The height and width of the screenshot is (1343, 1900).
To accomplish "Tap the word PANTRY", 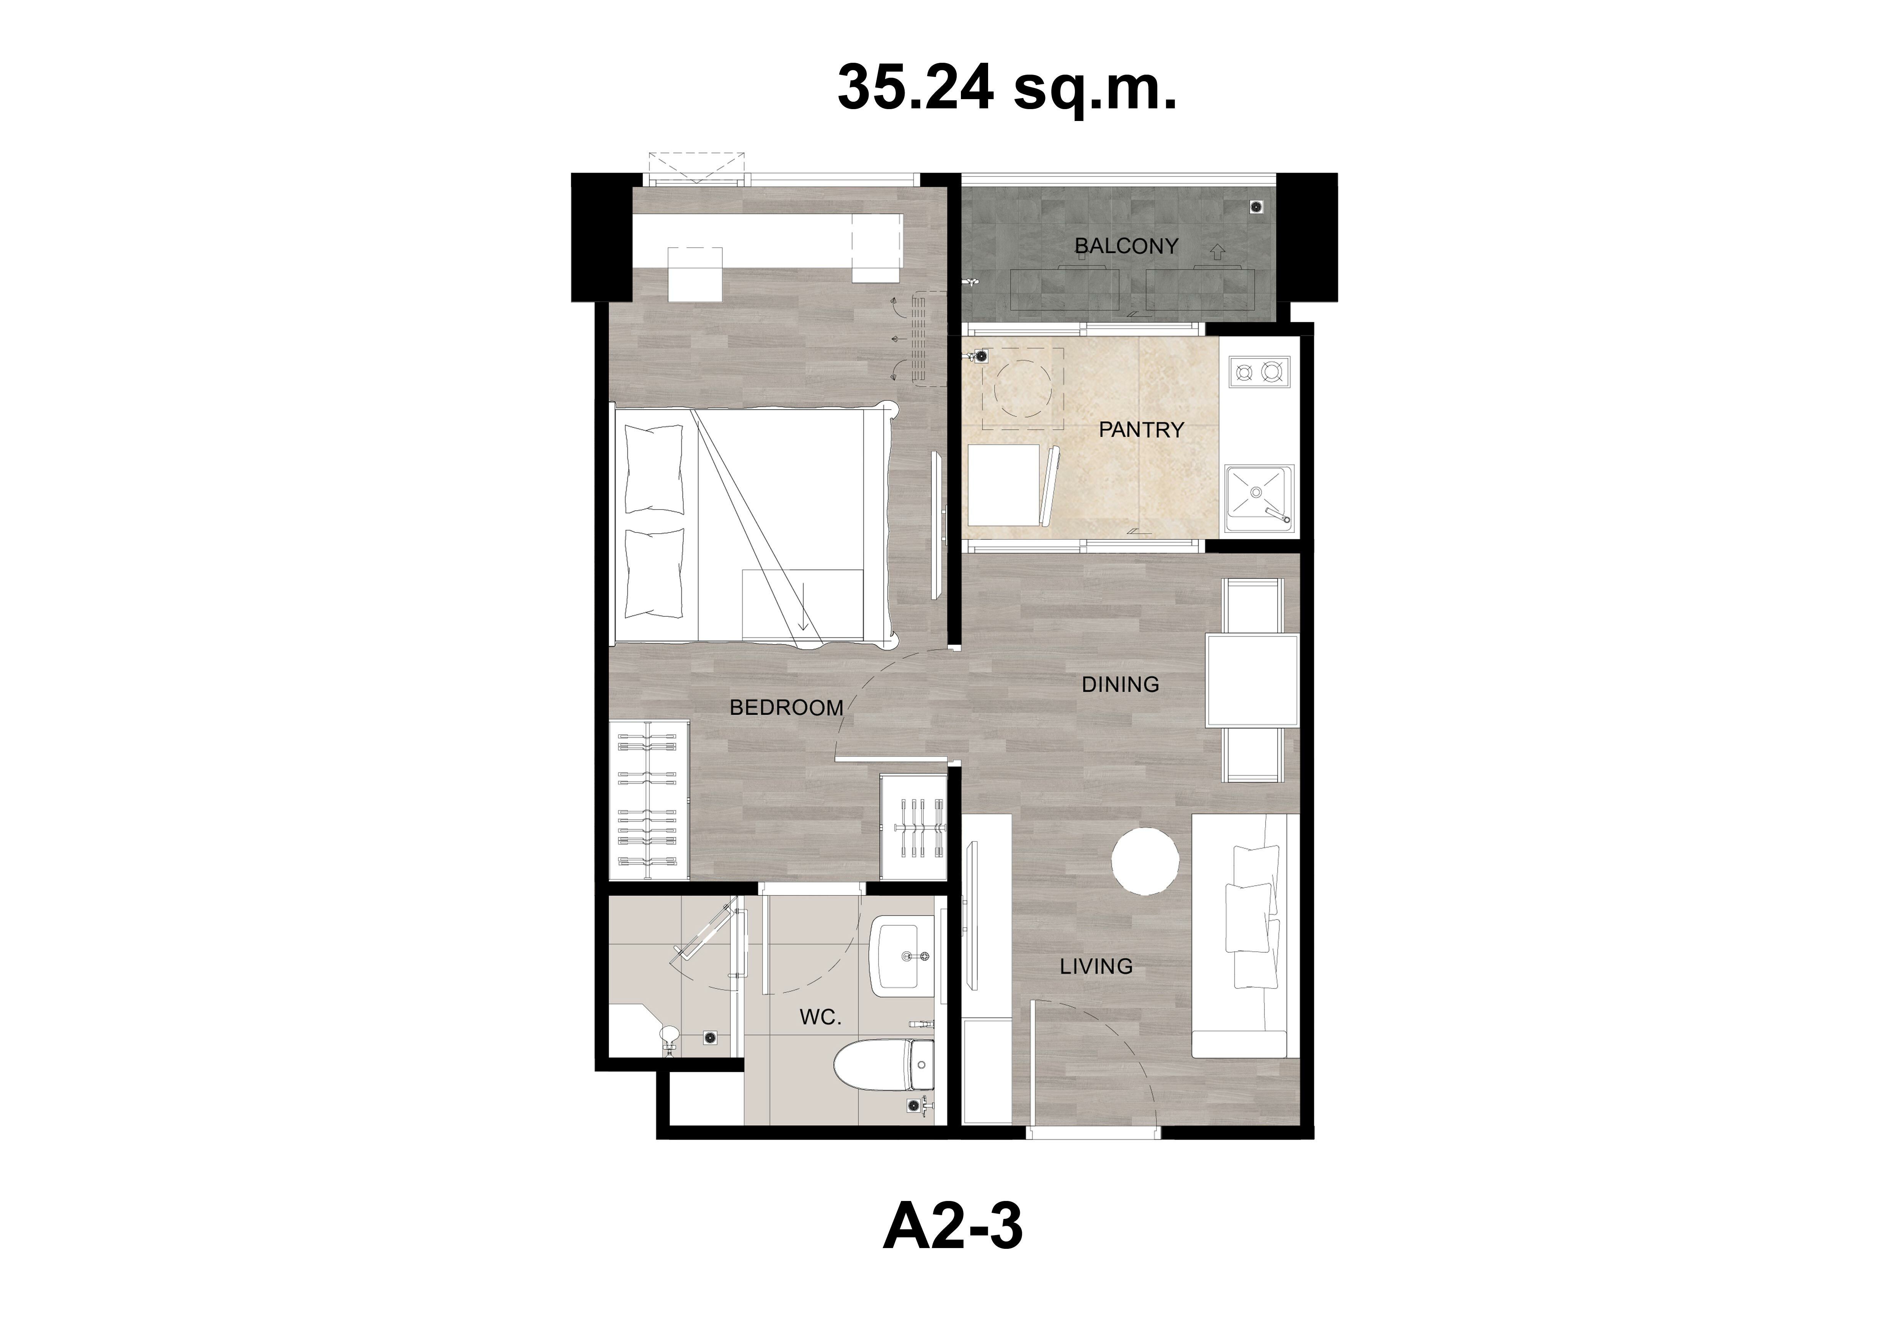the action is [x=1141, y=430].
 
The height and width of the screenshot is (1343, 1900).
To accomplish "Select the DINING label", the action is [x=1121, y=685].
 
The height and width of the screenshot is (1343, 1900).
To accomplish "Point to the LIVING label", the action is [x=1096, y=966].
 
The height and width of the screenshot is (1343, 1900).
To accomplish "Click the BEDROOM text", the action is [x=786, y=707].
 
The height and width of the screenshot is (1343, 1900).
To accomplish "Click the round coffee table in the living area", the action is [x=1144, y=861].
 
